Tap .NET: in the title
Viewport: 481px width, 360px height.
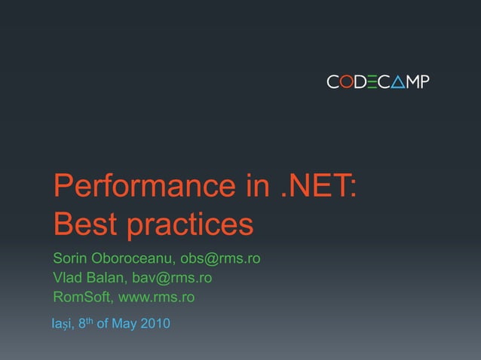click(x=318, y=186)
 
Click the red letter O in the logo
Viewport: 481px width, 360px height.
click(x=345, y=81)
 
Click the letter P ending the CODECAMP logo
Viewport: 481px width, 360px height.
click(x=424, y=81)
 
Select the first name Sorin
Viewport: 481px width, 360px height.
click(x=70, y=258)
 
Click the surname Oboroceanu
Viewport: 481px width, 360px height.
click(x=133, y=258)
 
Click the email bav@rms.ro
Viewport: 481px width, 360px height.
click(x=172, y=278)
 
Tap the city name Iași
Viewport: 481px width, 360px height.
click(x=62, y=325)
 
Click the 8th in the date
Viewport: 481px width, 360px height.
click(x=86, y=324)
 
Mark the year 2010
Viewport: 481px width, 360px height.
click(x=155, y=325)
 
